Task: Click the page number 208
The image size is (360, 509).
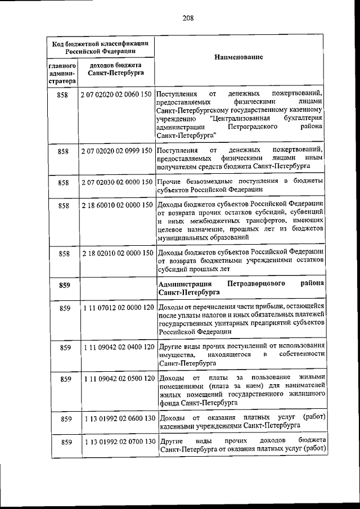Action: (188, 18)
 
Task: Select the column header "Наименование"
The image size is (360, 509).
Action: (239, 58)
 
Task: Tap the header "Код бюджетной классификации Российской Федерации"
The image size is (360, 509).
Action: (100, 46)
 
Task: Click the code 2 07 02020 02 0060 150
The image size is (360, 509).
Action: (116, 94)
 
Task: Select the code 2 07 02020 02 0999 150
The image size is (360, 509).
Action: (116, 151)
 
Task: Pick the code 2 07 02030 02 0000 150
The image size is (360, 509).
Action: (116, 183)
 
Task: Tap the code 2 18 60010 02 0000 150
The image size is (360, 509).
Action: (116, 206)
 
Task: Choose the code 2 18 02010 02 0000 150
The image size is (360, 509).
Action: (116, 254)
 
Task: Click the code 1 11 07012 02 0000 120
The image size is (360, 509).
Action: (116, 308)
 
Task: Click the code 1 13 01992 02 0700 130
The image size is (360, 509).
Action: (116, 442)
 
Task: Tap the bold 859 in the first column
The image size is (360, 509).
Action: (64, 285)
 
